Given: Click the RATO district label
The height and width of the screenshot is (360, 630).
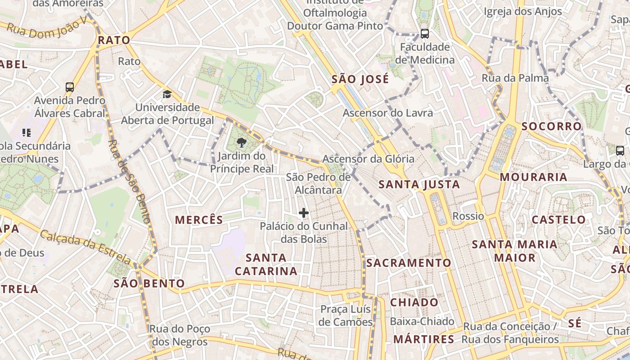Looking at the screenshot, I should (x=114, y=40).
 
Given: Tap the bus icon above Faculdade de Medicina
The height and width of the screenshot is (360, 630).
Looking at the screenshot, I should (x=424, y=33).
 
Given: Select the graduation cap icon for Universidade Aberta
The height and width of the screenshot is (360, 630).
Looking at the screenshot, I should (x=167, y=94).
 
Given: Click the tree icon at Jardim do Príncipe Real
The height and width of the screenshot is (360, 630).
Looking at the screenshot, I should (x=242, y=143).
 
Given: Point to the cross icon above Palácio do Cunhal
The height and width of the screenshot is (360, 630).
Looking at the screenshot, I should (x=304, y=213).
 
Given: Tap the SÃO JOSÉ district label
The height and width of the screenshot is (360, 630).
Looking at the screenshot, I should (x=360, y=80).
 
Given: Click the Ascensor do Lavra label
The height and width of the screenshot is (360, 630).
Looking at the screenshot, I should (x=387, y=113).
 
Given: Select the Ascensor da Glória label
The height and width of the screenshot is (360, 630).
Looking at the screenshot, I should (x=368, y=158).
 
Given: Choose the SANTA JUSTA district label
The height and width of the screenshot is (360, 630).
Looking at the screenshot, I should (x=419, y=184).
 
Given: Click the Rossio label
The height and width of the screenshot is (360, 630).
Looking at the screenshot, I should (x=468, y=216).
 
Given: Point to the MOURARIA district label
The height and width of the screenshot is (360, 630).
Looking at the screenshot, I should (x=533, y=177).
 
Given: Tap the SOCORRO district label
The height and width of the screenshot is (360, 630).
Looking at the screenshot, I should (x=552, y=126).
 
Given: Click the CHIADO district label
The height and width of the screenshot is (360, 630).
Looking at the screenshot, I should (x=414, y=302).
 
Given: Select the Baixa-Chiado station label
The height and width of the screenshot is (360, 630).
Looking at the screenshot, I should (x=422, y=321).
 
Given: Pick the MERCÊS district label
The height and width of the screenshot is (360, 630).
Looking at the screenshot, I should (x=199, y=220).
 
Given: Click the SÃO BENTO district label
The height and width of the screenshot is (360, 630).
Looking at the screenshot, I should (x=149, y=283).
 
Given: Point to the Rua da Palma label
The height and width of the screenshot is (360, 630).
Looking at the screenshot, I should (x=515, y=78).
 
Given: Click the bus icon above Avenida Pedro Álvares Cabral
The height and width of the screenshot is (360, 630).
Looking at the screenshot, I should (x=70, y=87).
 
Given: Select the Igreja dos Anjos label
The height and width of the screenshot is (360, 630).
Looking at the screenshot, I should (x=523, y=11).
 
